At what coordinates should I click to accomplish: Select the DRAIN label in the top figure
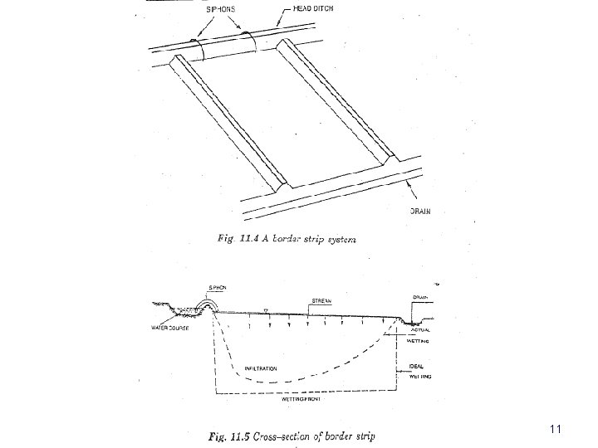point(420,212)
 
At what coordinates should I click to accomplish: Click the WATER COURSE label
point(169,328)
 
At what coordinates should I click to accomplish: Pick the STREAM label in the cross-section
point(322,300)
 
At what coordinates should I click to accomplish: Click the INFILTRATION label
point(263,367)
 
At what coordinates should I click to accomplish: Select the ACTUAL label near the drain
point(420,330)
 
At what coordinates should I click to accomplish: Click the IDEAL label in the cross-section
point(418,367)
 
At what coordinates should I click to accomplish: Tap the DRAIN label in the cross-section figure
point(420,296)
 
